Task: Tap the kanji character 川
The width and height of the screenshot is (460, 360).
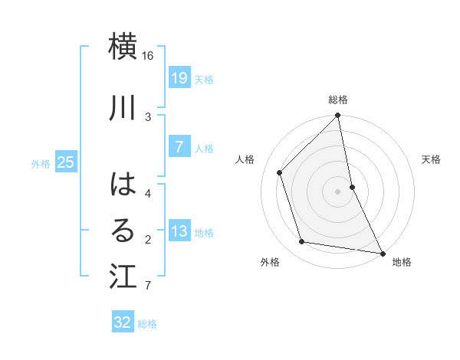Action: (x=123, y=107)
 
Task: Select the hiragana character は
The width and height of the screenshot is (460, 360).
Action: (x=123, y=184)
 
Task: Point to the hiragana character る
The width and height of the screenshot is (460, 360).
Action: (x=123, y=231)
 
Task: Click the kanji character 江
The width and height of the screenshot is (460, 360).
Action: (x=123, y=277)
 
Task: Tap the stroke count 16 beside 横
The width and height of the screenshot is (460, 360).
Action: (x=148, y=56)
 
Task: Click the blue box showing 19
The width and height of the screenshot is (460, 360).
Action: (x=179, y=78)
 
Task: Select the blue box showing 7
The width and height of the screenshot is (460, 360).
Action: (x=179, y=147)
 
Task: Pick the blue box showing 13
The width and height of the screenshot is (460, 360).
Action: (x=179, y=231)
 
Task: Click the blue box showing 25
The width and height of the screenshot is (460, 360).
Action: (x=66, y=162)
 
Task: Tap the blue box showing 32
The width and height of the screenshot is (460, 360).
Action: (x=123, y=322)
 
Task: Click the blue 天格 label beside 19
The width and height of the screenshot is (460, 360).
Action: (x=203, y=79)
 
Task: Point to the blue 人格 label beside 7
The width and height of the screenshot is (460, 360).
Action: (x=203, y=148)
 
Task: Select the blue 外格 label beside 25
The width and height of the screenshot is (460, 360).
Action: (x=41, y=163)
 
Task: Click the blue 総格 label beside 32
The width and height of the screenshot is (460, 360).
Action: (x=147, y=323)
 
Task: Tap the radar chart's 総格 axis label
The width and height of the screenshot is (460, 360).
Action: (x=338, y=100)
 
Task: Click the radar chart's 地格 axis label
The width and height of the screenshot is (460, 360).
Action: (x=402, y=262)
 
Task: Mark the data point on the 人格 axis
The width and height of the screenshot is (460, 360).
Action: (x=280, y=172)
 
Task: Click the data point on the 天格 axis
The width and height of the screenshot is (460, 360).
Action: (x=352, y=187)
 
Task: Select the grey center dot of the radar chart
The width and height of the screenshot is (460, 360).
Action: (x=338, y=191)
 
